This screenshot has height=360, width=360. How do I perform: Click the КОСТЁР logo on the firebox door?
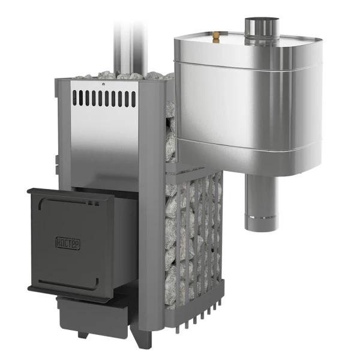point(68,243)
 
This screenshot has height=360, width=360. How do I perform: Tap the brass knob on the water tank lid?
point(215,38)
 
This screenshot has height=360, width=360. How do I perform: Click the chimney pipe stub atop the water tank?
point(262,32)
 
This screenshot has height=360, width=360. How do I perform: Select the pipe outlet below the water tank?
point(262,202)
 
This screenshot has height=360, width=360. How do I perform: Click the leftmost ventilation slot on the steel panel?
point(74,98)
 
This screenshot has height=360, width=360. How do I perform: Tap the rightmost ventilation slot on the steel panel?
point(133,99)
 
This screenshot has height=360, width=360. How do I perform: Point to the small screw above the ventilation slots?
point(104,84)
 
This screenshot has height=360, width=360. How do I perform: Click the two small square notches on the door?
point(94,203)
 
